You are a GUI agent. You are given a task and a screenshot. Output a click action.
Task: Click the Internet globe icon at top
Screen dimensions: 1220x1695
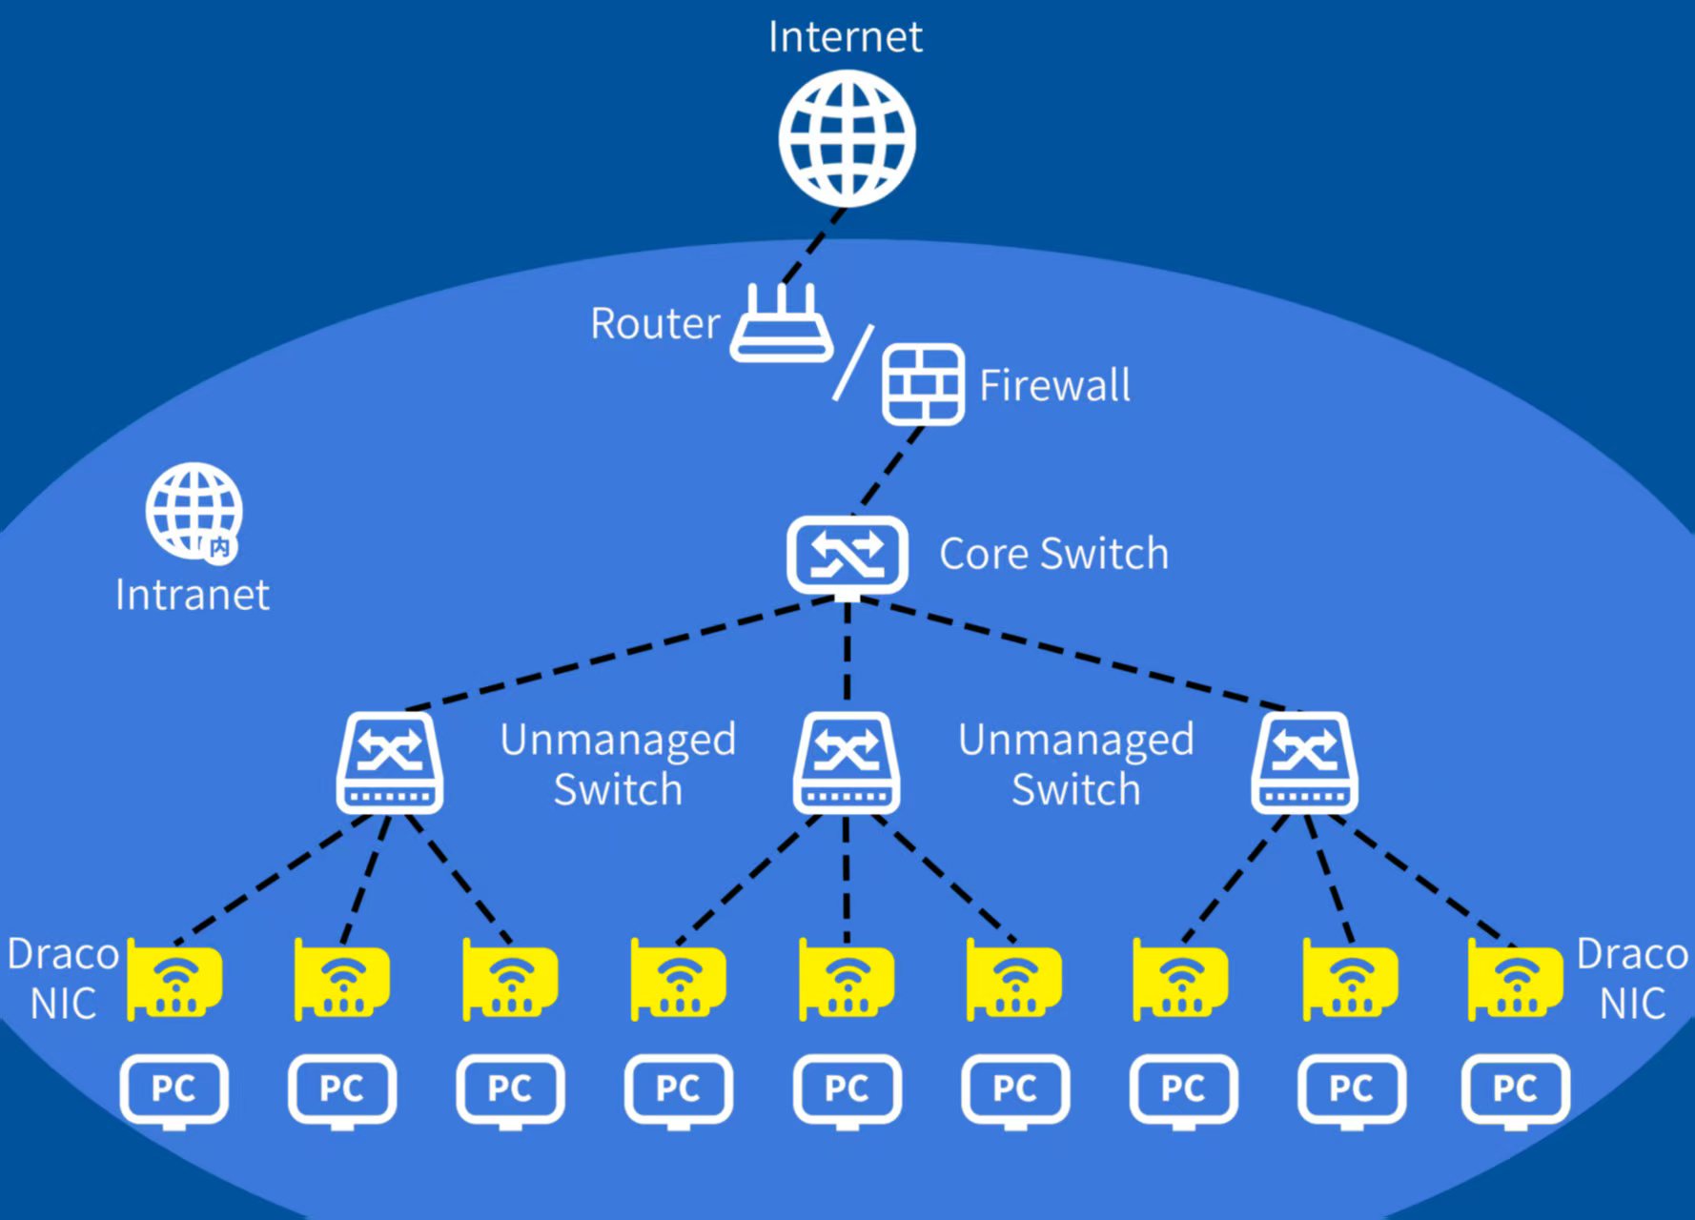(x=847, y=139)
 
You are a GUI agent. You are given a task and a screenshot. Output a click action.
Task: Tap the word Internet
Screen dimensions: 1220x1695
(x=845, y=38)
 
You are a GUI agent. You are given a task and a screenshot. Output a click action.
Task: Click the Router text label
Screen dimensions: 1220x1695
(x=655, y=324)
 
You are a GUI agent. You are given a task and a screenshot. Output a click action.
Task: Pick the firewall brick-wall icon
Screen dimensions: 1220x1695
(x=922, y=384)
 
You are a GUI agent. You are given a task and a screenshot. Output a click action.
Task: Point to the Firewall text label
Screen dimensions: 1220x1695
(x=1054, y=386)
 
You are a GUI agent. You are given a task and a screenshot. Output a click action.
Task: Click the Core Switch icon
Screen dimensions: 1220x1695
(x=847, y=555)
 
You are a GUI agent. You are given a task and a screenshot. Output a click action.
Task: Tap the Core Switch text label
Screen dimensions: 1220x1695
(x=1053, y=554)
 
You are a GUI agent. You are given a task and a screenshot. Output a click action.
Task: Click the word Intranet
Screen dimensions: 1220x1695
(x=192, y=596)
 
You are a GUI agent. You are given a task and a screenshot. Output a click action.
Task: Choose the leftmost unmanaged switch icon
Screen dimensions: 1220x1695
(x=389, y=762)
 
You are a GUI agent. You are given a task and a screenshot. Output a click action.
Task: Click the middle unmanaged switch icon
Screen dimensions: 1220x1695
(x=847, y=762)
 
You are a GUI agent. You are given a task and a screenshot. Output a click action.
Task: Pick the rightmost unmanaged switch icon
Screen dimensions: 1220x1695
(x=1304, y=762)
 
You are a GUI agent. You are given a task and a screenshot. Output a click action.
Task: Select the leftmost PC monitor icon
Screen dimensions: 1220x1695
(x=174, y=1089)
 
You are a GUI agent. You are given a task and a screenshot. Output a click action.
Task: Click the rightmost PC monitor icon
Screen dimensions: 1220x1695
(x=1515, y=1089)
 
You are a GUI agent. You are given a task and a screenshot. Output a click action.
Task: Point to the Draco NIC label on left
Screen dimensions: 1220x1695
(x=63, y=979)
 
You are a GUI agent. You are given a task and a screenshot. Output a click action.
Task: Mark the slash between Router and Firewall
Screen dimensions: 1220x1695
(x=853, y=363)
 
